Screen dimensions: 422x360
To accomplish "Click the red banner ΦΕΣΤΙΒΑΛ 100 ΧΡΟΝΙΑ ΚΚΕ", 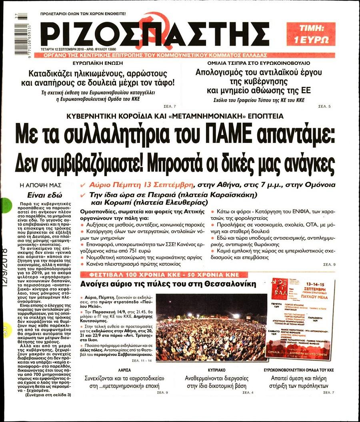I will (x=160, y=275).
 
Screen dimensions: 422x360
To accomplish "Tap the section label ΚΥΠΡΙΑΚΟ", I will (x=215, y=371).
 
